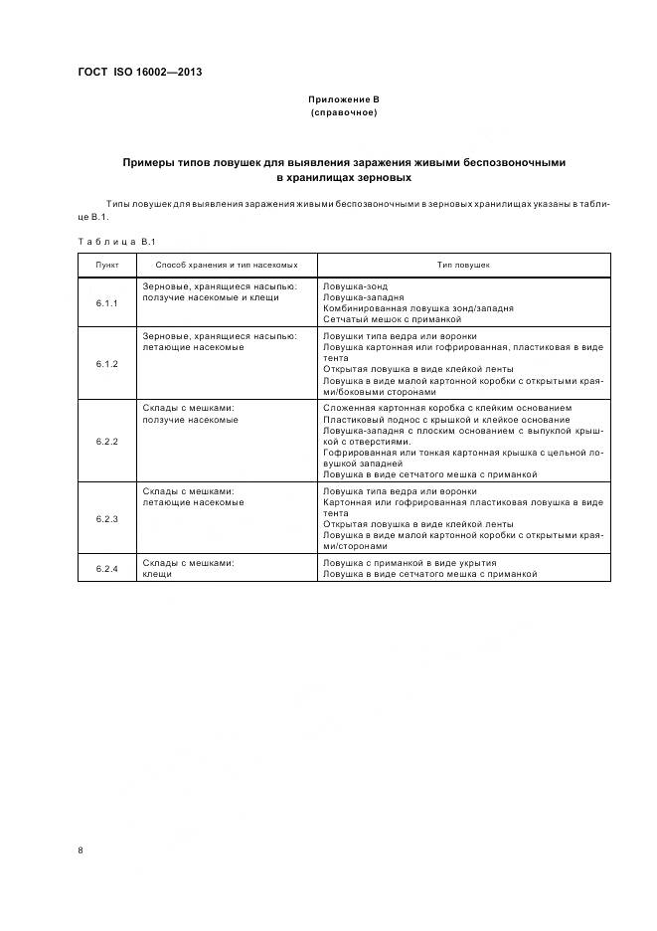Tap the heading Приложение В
(343, 100)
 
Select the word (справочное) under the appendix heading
(343, 113)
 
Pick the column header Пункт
(107, 266)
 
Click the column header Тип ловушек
(463, 266)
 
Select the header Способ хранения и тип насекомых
(227, 266)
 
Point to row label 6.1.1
(107, 302)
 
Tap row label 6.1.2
(107, 364)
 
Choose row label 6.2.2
(107, 441)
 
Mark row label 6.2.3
(107, 518)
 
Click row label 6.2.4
(107, 568)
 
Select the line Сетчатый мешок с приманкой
(393, 319)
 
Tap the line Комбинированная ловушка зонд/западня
(418, 308)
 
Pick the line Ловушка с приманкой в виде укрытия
(410, 563)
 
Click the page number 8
(81, 848)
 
